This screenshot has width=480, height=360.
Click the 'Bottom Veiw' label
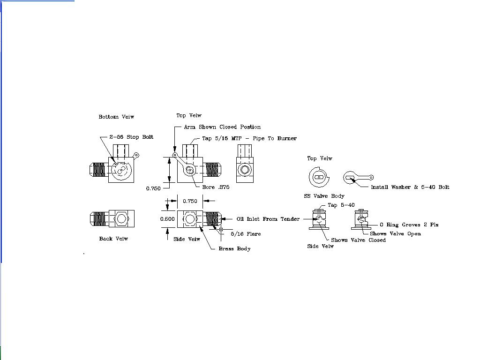(116, 117)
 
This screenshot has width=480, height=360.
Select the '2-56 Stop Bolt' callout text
(131, 137)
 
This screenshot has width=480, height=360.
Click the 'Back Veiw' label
(113, 239)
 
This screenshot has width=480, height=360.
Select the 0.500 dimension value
(167, 219)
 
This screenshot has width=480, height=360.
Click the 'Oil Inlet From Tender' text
(268, 219)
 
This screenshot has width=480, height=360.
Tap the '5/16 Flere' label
(246, 233)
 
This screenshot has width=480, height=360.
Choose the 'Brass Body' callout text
(234, 248)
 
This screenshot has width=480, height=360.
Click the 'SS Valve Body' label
(324, 196)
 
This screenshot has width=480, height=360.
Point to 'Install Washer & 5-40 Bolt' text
(410, 187)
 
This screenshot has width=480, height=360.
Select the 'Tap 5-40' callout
(341, 205)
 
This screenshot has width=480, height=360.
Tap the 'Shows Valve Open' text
(395, 233)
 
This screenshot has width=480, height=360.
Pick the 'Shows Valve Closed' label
(358, 240)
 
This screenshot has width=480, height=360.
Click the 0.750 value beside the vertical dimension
(153, 188)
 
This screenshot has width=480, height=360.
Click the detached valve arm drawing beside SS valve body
(358, 178)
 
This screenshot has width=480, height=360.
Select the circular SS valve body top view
(319, 177)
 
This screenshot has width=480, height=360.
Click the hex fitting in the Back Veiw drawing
(121, 219)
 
